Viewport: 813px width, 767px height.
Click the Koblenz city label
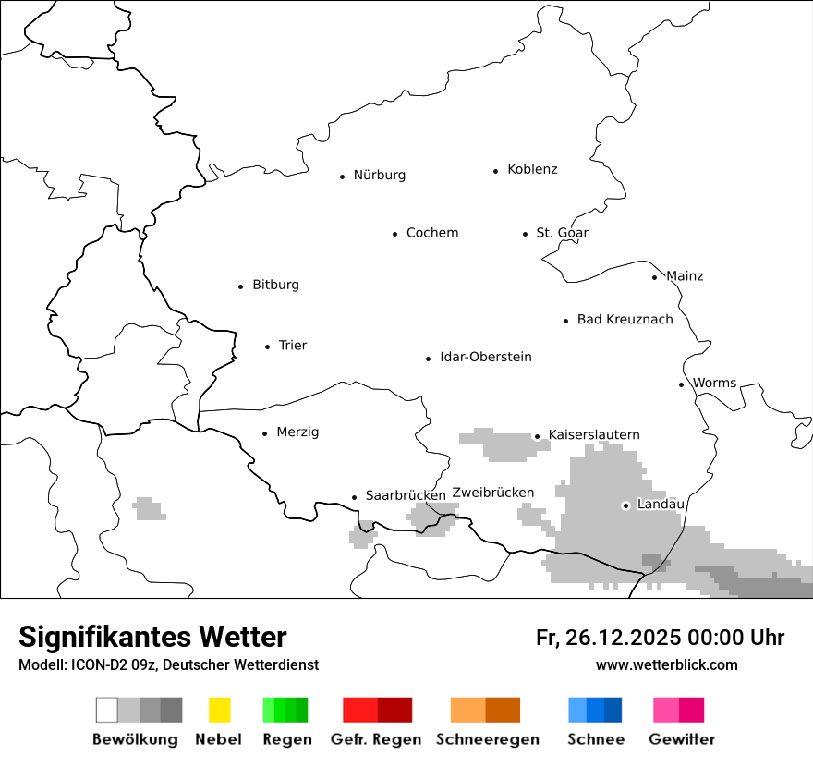pyautogui.click(x=532, y=169)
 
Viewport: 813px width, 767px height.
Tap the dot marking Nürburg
pyautogui.click(x=342, y=176)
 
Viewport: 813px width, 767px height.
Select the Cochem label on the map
pyautogui.click(x=431, y=233)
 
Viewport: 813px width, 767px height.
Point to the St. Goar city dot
pyautogui.click(x=525, y=234)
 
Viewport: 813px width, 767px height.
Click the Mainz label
pyautogui.click(x=685, y=276)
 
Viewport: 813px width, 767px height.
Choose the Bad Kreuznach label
pyautogui.click(x=625, y=320)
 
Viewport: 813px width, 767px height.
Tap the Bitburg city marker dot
pyautogui.click(x=240, y=286)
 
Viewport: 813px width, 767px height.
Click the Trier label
pyautogui.click(x=292, y=346)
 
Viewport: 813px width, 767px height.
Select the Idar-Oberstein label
pyautogui.click(x=485, y=358)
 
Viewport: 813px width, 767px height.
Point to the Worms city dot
pyautogui.click(x=681, y=384)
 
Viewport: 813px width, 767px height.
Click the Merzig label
pyautogui.click(x=297, y=432)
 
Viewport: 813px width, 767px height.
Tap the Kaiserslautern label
pyautogui.click(x=593, y=435)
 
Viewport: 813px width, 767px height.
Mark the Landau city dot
pyautogui.click(x=625, y=505)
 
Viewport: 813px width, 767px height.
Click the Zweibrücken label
pyautogui.click(x=492, y=493)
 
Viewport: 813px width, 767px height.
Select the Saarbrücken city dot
pyautogui.click(x=354, y=497)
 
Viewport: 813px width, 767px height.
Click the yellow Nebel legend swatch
pyautogui.click(x=219, y=710)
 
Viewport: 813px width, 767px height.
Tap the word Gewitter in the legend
pyautogui.click(x=681, y=739)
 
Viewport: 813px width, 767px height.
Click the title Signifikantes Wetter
pyautogui.click(x=152, y=637)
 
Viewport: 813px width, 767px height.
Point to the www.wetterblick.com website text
pyautogui.click(x=666, y=664)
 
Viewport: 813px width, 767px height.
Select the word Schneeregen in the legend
pyautogui.click(x=487, y=739)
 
